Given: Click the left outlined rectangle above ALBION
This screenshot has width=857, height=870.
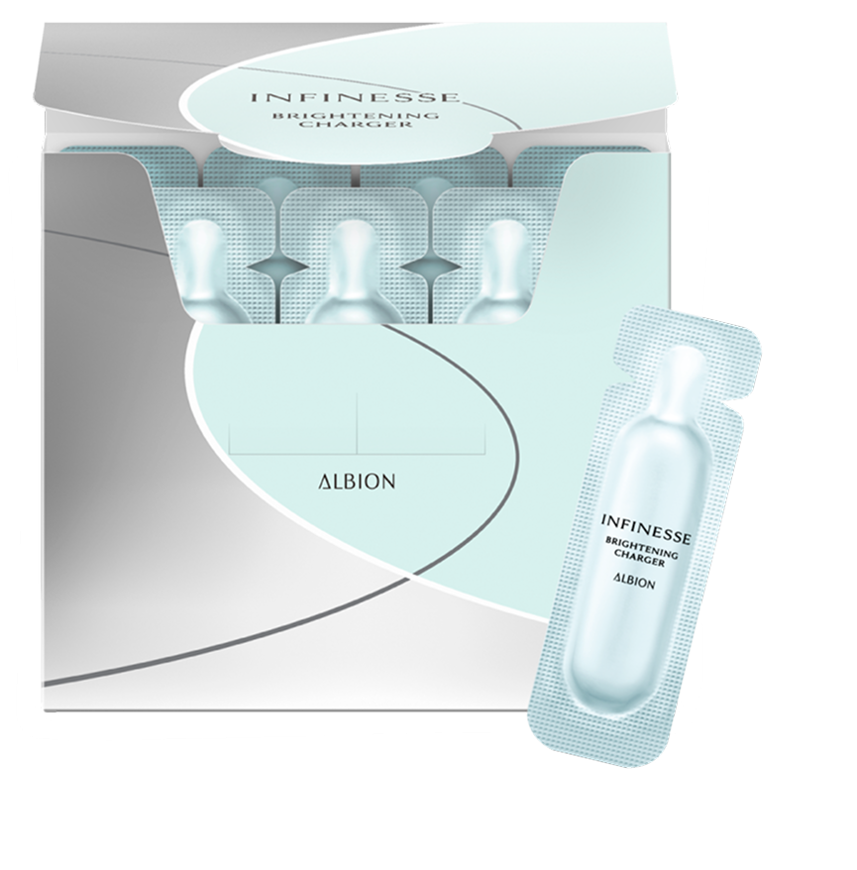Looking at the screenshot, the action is (293, 423).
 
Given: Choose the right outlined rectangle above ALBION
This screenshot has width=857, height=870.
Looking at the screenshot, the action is (421, 423).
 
